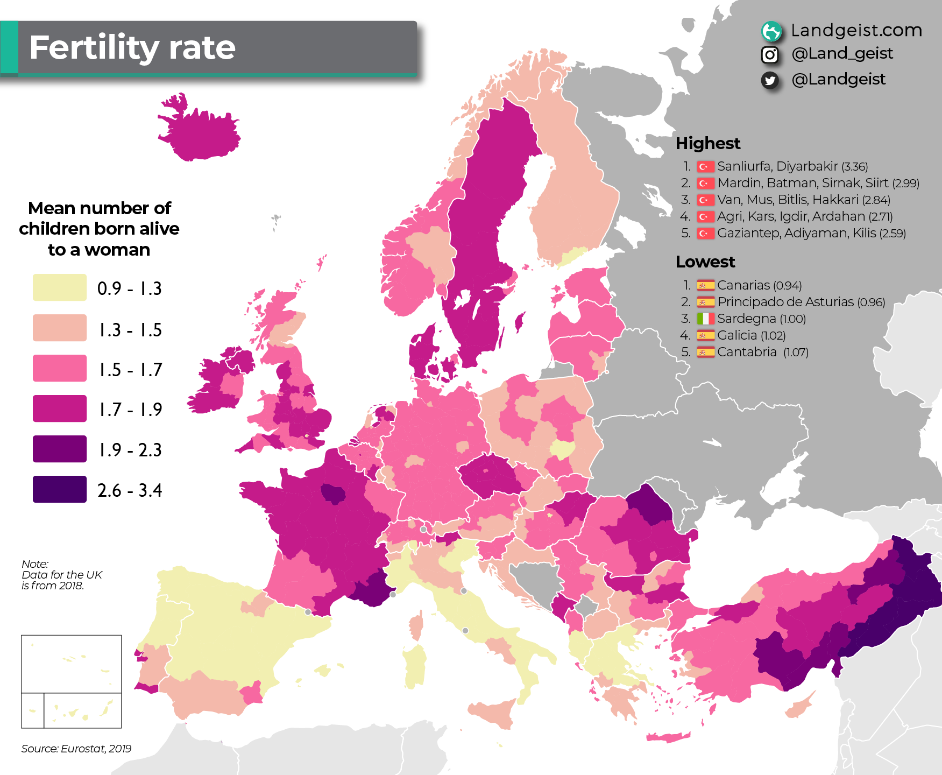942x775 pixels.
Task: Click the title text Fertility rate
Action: coord(132,48)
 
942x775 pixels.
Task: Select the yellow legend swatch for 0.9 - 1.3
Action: coord(59,287)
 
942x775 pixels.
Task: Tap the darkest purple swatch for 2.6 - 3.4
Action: coord(59,489)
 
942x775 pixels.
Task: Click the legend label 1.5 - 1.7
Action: coord(130,370)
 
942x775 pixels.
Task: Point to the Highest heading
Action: coord(707,143)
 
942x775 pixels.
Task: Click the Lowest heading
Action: coord(705,262)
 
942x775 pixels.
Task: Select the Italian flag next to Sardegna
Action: coord(705,319)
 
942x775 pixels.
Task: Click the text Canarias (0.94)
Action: coord(759,285)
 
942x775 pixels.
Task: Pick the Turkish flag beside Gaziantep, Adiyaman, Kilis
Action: coord(705,234)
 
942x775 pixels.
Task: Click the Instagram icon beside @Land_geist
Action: coord(770,54)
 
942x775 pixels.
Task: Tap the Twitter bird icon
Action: coord(770,80)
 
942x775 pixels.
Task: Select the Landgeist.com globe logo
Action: coord(771,31)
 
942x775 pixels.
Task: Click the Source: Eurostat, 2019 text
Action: coord(76,749)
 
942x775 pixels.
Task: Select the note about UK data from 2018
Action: coord(61,575)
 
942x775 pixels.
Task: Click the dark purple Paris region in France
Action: coord(333,493)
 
